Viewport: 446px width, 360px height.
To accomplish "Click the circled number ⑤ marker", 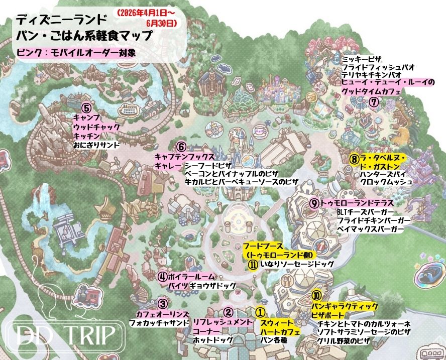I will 86,107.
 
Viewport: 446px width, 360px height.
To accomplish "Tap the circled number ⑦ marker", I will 373,101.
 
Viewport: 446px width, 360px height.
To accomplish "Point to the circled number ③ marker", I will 162,303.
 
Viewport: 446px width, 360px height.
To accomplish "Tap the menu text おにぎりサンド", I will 96,145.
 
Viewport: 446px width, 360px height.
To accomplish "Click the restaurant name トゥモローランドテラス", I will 354,203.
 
